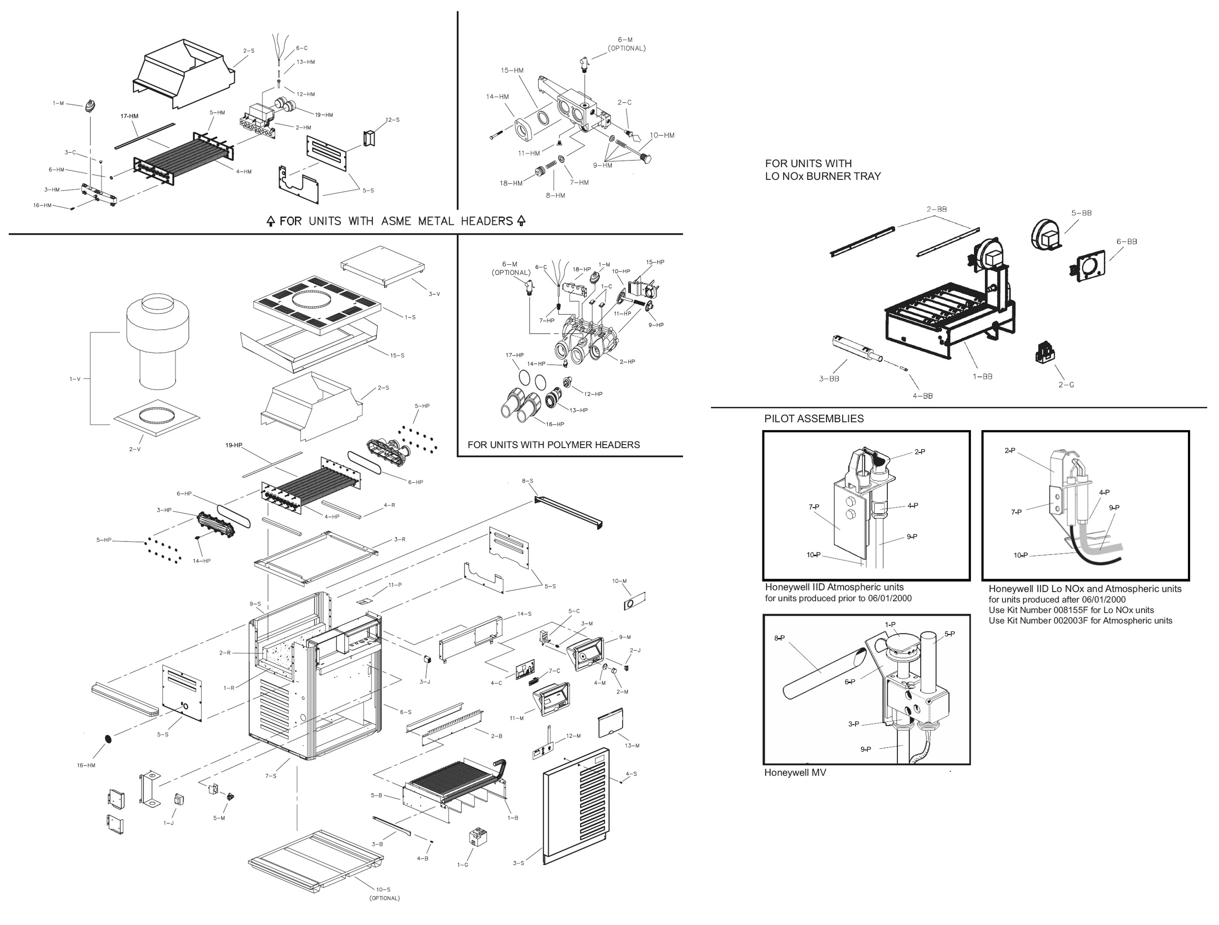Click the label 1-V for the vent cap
click(x=75, y=379)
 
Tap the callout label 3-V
click(x=434, y=294)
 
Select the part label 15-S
click(x=397, y=356)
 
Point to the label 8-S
click(x=527, y=481)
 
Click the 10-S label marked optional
click(x=384, y=889)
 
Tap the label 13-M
click(x=632, y=746)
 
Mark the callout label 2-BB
click(x=936, y=209)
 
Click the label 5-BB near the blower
click(x=1081, y=213)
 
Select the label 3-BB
click(x=829, y=379)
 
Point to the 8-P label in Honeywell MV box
click(x=779, y=638)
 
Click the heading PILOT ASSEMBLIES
click(x=814, y=419)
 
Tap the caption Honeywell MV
click(x=795, y=773)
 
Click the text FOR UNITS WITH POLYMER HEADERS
click(x=553, y=445)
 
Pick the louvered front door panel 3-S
click(x=576, y=804)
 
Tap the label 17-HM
click(x=129, y=116)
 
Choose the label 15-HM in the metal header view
click(x=512, y=70)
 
